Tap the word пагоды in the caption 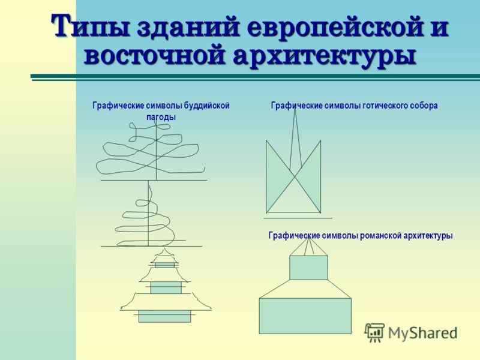(x=161, y=117)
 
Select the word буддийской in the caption (x=206, y=106)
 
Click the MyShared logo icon (x=374, y=332)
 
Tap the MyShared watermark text (x=422, y=333)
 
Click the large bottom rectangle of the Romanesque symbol (x=305, y=316)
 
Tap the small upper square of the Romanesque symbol (x=308, y=268)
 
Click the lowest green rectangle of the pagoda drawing (x=164, y=316)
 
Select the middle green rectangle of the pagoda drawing (x=166, y=288)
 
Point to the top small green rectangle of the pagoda (x=164, y=265)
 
